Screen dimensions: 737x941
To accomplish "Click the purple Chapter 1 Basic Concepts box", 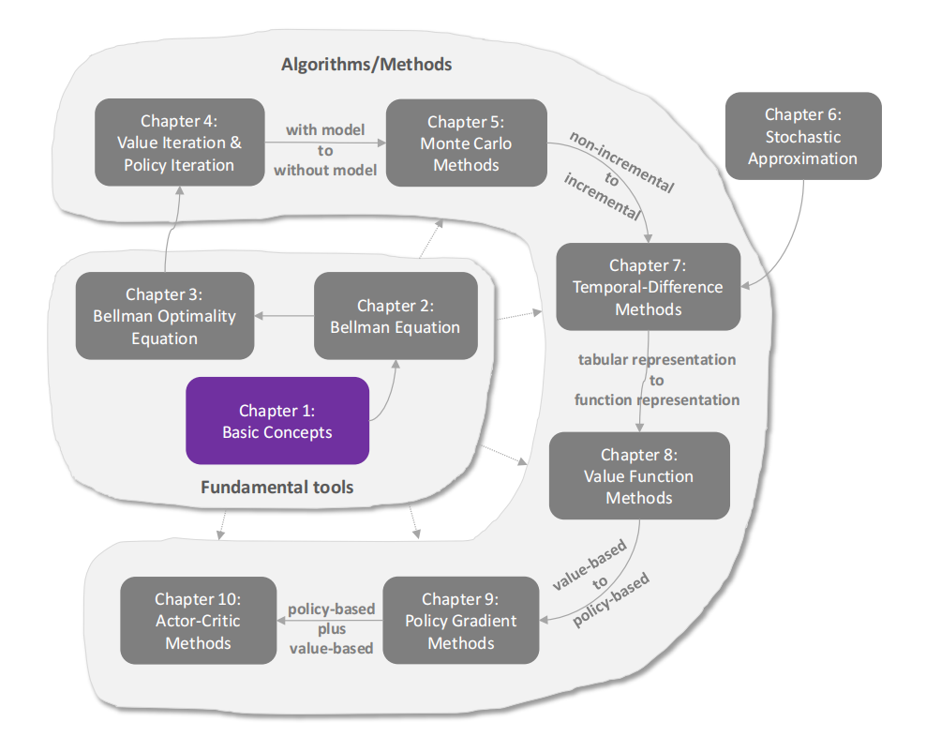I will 276,421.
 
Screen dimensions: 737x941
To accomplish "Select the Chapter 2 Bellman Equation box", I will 395,316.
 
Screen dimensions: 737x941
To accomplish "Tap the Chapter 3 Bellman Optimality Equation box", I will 164,316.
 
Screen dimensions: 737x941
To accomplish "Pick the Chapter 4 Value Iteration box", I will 179,143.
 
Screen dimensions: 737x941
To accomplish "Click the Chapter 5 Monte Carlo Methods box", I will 466,143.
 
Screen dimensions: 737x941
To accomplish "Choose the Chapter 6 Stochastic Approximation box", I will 803,136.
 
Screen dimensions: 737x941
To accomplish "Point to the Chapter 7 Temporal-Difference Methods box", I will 648,287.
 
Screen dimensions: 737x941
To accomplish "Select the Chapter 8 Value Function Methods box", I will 638,475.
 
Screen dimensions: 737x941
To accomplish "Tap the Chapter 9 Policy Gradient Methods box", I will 460,620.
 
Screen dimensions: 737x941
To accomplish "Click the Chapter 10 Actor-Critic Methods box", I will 198,620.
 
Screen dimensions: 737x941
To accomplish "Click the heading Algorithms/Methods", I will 366,65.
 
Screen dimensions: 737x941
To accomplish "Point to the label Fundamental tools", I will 276,488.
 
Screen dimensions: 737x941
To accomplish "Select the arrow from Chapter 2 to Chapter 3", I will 284,316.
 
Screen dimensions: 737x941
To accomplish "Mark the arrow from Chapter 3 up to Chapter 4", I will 168,230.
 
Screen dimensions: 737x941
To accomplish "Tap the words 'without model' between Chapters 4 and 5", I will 324,170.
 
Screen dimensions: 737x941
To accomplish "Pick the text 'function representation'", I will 656,400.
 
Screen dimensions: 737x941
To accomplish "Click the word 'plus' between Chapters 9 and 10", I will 331,628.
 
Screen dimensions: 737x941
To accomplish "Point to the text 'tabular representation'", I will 656,360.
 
